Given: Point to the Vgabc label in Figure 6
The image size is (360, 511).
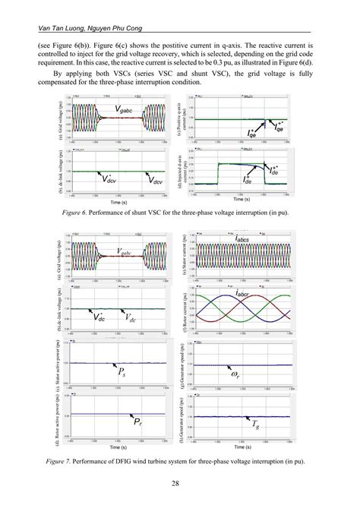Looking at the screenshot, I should (128, 111).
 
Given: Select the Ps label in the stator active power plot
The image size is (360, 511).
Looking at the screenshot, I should (123, 372).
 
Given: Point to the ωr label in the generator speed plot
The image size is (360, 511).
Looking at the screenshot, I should (236, 374).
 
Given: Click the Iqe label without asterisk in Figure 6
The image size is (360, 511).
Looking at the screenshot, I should (251, 132).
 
